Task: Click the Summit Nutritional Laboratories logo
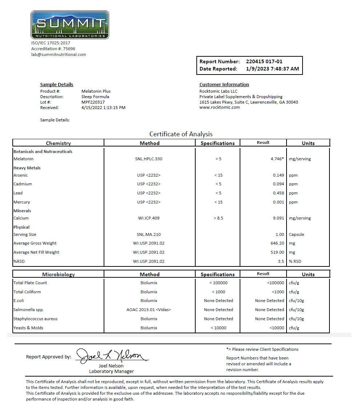pos(70,25)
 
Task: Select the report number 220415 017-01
pos(264,61)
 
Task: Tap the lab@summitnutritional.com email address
pos(59,55)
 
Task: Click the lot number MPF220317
pos(93,102)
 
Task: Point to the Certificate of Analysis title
pos(181,134)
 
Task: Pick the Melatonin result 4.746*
pos(277,159)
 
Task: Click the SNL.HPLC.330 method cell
pos(149,159)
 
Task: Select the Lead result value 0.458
pos(278,193)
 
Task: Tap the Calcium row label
pos(21,218)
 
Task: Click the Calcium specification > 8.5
pos(218,218)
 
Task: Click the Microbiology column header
pos(58,274)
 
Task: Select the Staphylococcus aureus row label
pos(35,319)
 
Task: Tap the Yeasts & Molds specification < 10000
pos(218,328)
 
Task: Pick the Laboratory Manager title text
pos(111,371)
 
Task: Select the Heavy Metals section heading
pos(27,168)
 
